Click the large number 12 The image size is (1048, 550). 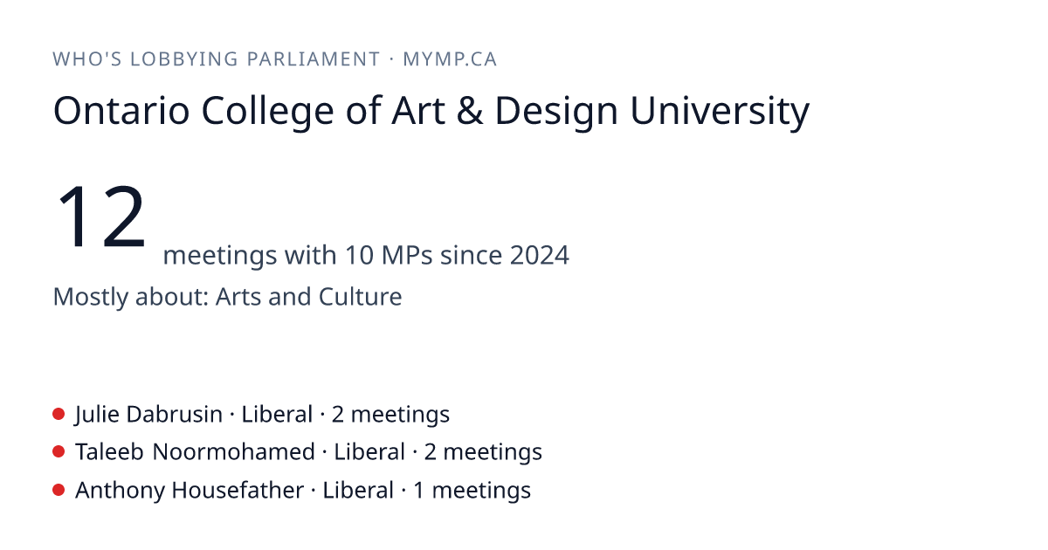[x=101, y=217]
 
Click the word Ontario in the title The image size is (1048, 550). [x=121, y=111]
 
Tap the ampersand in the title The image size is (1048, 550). [x=469, y=111]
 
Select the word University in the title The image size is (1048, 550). [x=720, y=113]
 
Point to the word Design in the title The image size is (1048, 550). [x=556, y=113]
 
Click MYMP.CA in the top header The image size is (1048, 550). [x=450, y=59]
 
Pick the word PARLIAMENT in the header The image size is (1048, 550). [x=314, y=59]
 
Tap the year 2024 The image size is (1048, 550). [x=540, y=255]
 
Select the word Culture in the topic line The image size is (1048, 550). [x=360, y=297]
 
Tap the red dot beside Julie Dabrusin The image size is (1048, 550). [x=59, y=414]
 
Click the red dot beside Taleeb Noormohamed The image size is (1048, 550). [x=59, y=452]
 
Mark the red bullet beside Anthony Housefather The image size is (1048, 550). [x=59, y=490]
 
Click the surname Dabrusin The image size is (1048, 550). [x=174, y=415]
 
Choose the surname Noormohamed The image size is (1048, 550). [x=233, y=452]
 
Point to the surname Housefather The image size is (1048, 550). [x=238, y=490]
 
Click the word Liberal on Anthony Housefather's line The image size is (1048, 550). [x=358, y=490]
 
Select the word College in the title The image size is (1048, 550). [x=267, y=113]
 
